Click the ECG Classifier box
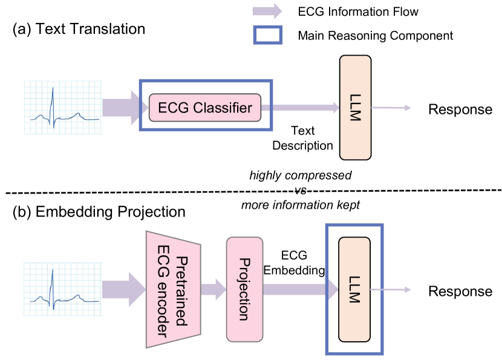pyautogui.click(x=205, y=108)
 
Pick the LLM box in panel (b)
pyautogui.click(x=354, y=289)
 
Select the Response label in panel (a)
pyautogui.click(x=460, y=109)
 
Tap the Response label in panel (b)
pyautogui.click(x=460, y=291)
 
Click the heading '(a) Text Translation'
pyautogui.click(x=79, y=29)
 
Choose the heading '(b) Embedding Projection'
pyautogui.click(x=99, y=212)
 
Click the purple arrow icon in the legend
pyautogui.click(x=267, y=11)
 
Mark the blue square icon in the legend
pyautogui.click(x=267, y=35)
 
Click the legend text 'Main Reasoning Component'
pyautogui.click(x=375, y=36)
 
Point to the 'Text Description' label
pyautogui.click(x=302, y=138)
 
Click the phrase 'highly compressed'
pyautogui.click(x=301, y=175)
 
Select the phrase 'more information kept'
pyautogui.click(x=301, y=205)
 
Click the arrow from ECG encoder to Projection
pyautogui.click(x=212, y=289)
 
